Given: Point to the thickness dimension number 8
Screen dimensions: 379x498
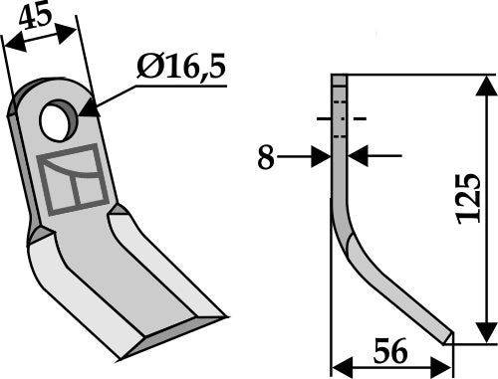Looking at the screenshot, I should pyautogui.click(x=266, y=156).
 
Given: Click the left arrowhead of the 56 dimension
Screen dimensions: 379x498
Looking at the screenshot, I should pyautogui.click(x=339, y=365).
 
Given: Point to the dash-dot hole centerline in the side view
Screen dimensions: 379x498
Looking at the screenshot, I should pyautogui.click(x=341, y=118).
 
